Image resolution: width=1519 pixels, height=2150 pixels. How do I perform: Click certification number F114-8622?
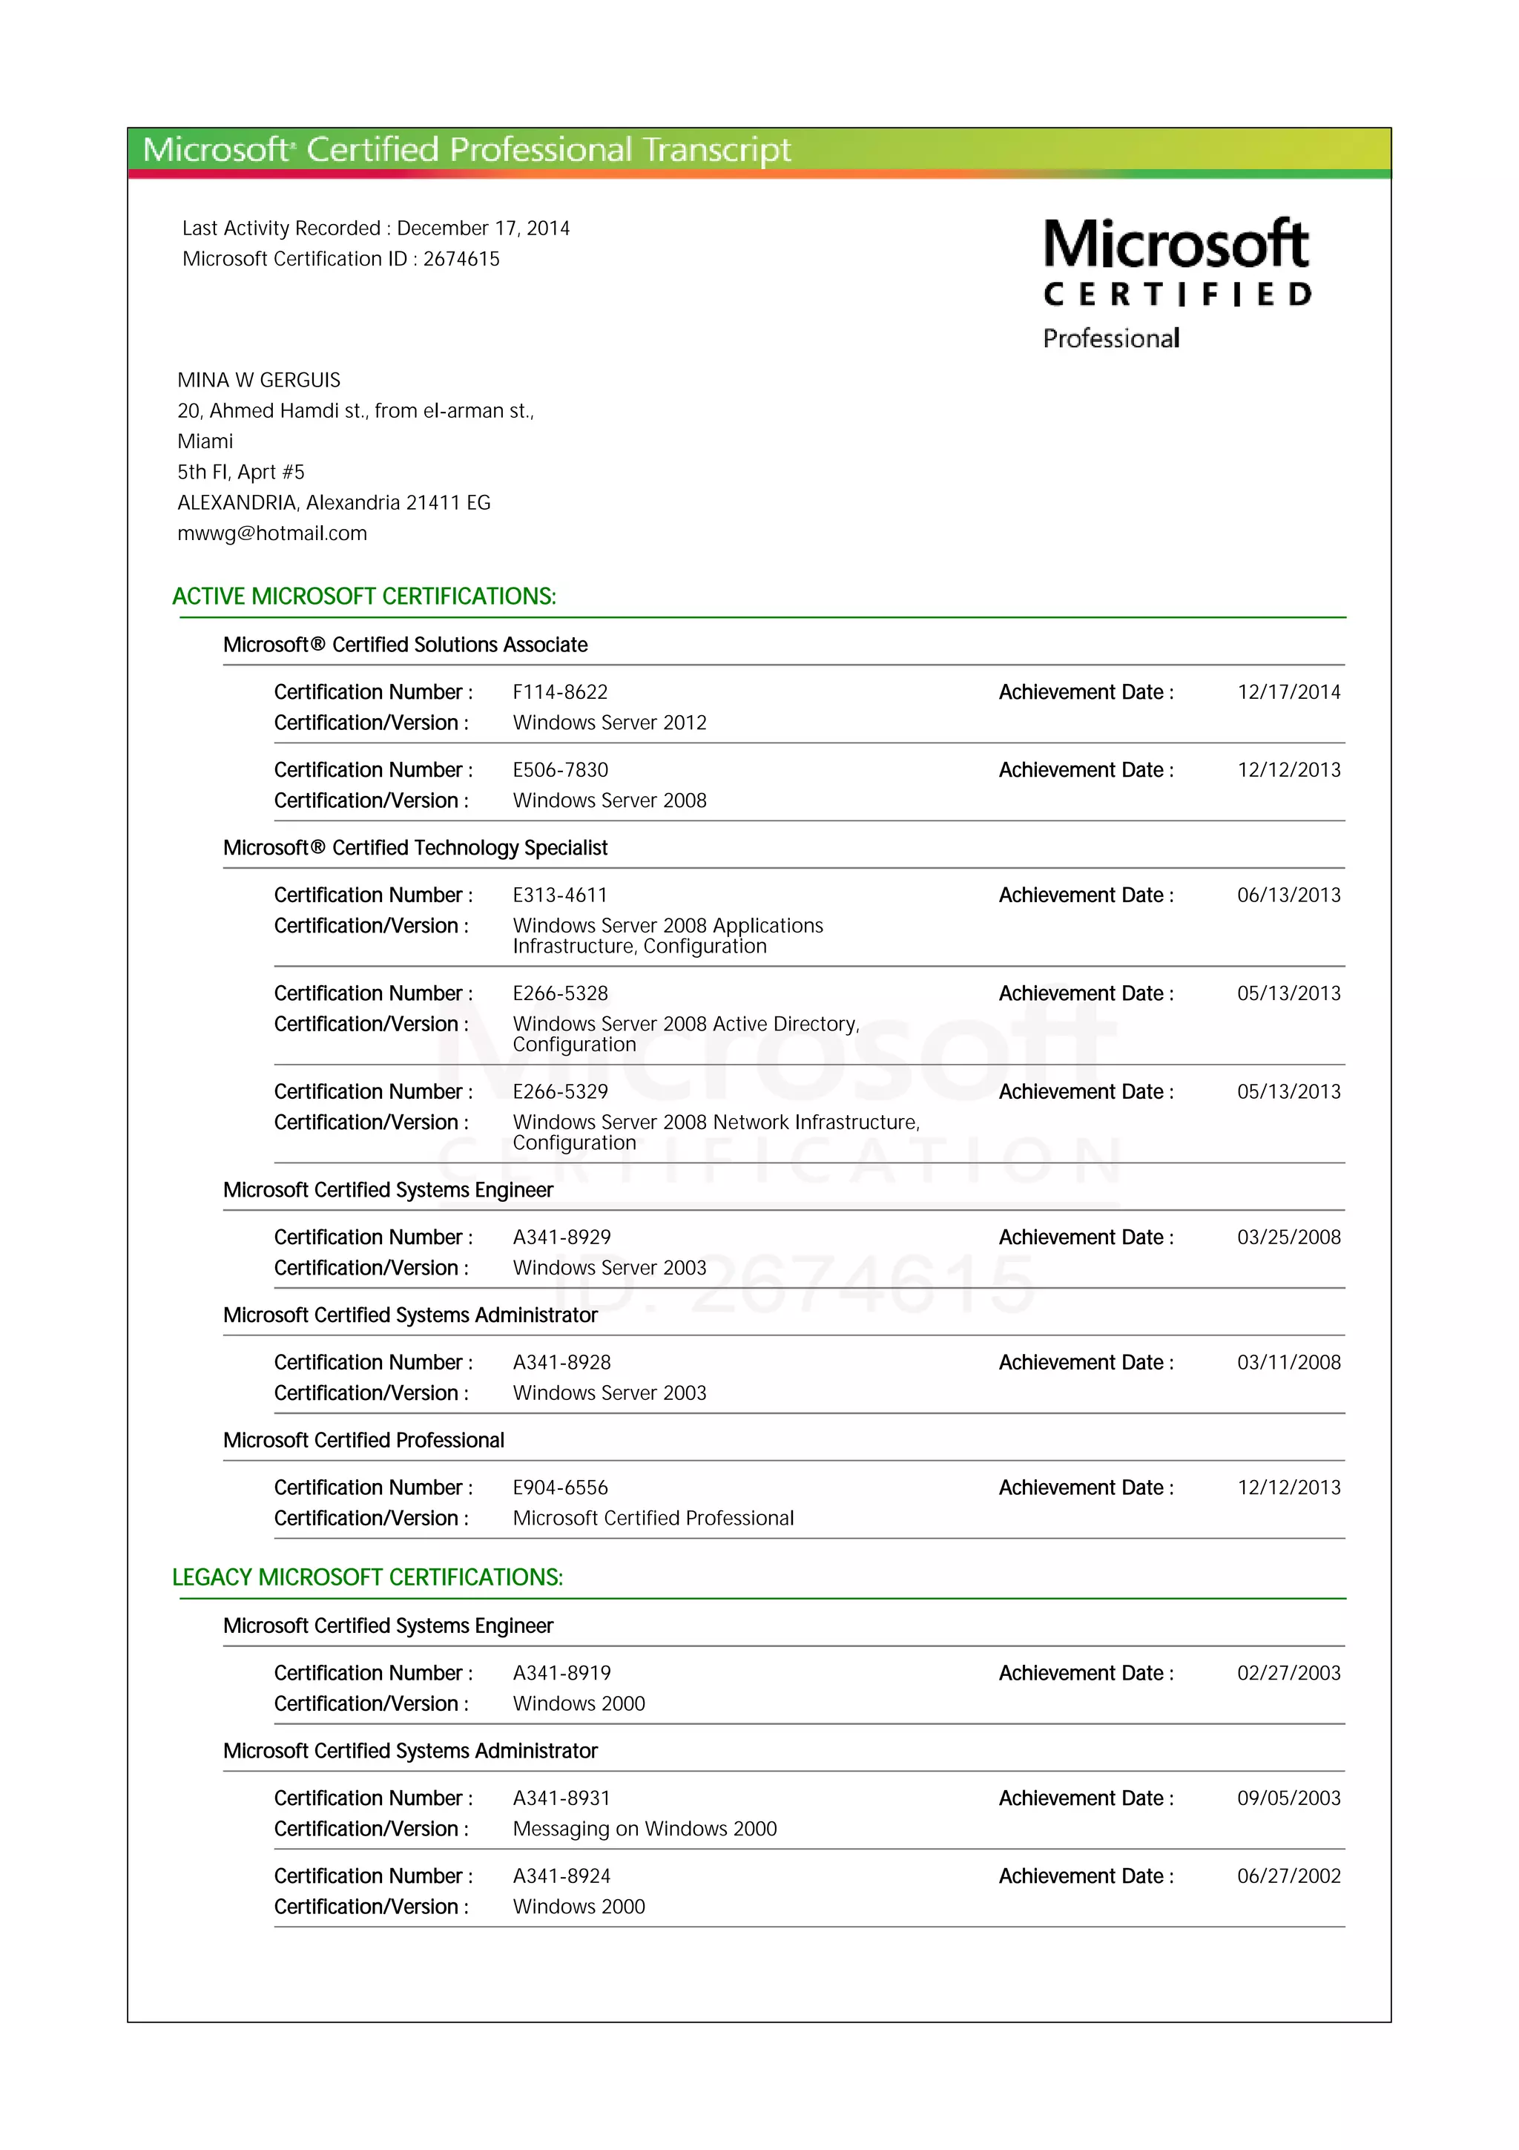point(560,692)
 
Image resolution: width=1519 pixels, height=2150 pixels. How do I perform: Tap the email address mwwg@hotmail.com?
point(271,533)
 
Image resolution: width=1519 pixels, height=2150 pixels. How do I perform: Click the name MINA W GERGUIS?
point(258,380)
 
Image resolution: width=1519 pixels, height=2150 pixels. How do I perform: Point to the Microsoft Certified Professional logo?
point(1176,283)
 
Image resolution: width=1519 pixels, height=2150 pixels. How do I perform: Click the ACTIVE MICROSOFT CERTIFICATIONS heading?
point(364,596)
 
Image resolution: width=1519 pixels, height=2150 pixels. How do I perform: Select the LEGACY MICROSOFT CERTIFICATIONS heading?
point(367,1577)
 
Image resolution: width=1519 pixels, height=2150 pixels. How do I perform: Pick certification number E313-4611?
point(560,895)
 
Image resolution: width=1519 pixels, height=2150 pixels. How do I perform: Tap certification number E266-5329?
point(560,1092)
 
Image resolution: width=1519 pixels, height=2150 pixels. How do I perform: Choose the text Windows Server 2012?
point(609,723)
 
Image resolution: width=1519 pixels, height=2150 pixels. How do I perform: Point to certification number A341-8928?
point(561,1362)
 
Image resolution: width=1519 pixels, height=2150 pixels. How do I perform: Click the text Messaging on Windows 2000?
point(644,1829)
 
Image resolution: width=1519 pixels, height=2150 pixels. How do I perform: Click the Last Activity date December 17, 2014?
point(483,229)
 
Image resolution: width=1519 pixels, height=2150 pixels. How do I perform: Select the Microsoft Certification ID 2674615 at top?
point(461,260)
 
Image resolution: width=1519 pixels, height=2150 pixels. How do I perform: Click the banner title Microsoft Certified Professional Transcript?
point(466,150)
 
